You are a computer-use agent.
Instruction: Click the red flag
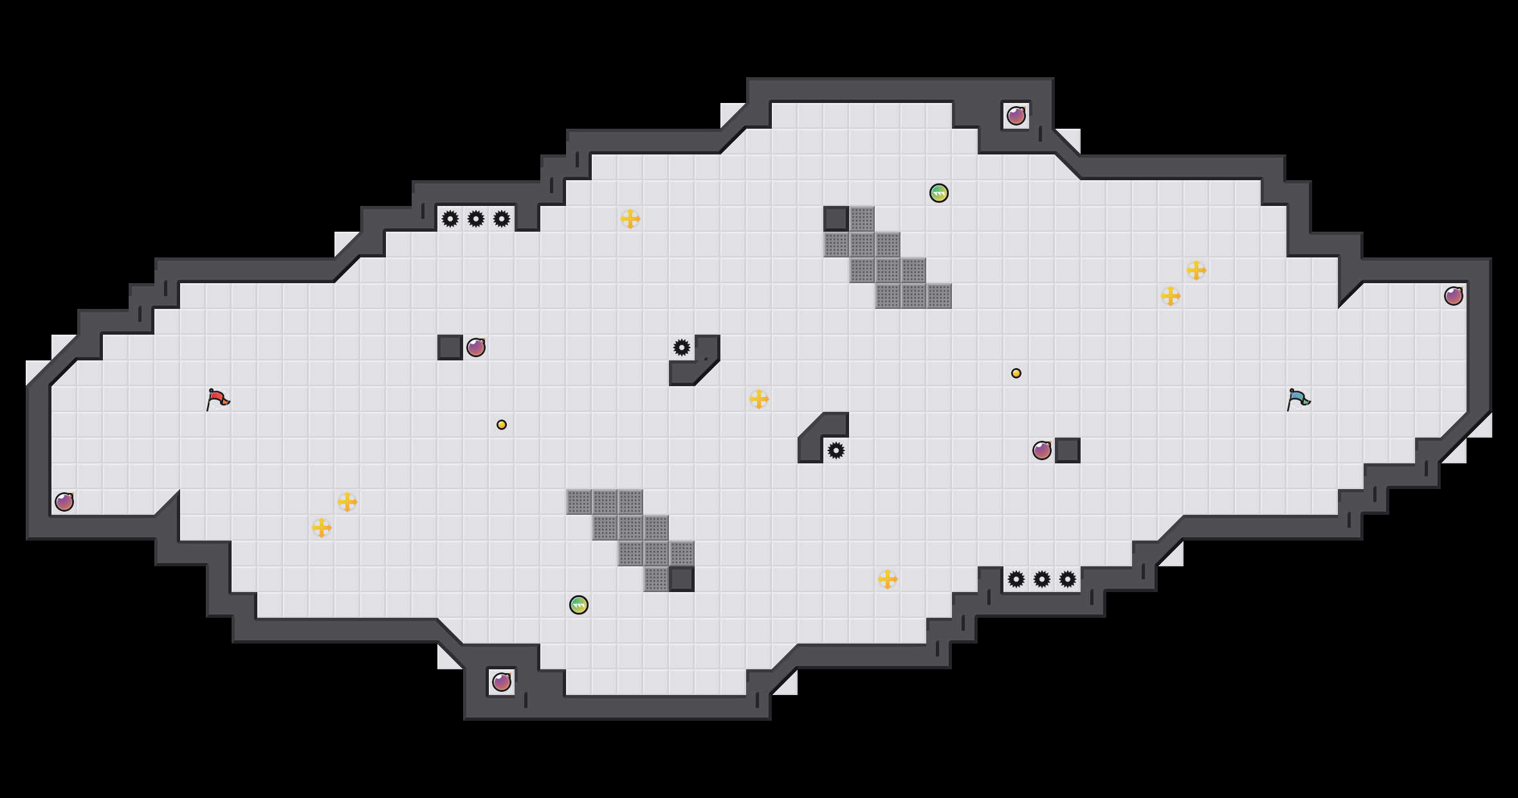coord(217,399)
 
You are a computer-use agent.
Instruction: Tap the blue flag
coord(1298,399)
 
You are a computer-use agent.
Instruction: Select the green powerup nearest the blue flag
coord(939,193)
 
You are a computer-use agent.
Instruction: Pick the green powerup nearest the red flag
coord(579,605)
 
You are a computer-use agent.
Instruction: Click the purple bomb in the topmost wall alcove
coord(1016,116)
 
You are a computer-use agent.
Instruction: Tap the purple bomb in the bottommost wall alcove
coord(502,682)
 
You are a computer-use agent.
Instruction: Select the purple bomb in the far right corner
coord(1454,296)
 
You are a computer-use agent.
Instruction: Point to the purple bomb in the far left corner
coord(64,502)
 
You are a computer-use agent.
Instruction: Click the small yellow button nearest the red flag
coord(502,425)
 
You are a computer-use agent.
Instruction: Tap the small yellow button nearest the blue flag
coord(1016,373)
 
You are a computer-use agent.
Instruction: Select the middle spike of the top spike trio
coord(476,219)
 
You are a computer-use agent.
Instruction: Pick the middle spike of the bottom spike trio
coord(1042,579)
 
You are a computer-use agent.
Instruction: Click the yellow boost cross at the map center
coord(759,399)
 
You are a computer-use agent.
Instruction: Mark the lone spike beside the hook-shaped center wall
coord(682,348)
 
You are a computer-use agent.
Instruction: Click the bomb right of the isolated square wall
coord(476,348)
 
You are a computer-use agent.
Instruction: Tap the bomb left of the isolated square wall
coord(1042,450)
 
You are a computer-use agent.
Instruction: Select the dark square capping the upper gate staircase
coord(836,219)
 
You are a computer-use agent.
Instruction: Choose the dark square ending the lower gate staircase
coord(682,579)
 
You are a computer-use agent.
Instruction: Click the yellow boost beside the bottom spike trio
coord(888,579)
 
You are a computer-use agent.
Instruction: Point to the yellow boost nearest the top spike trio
coord(630,219)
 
